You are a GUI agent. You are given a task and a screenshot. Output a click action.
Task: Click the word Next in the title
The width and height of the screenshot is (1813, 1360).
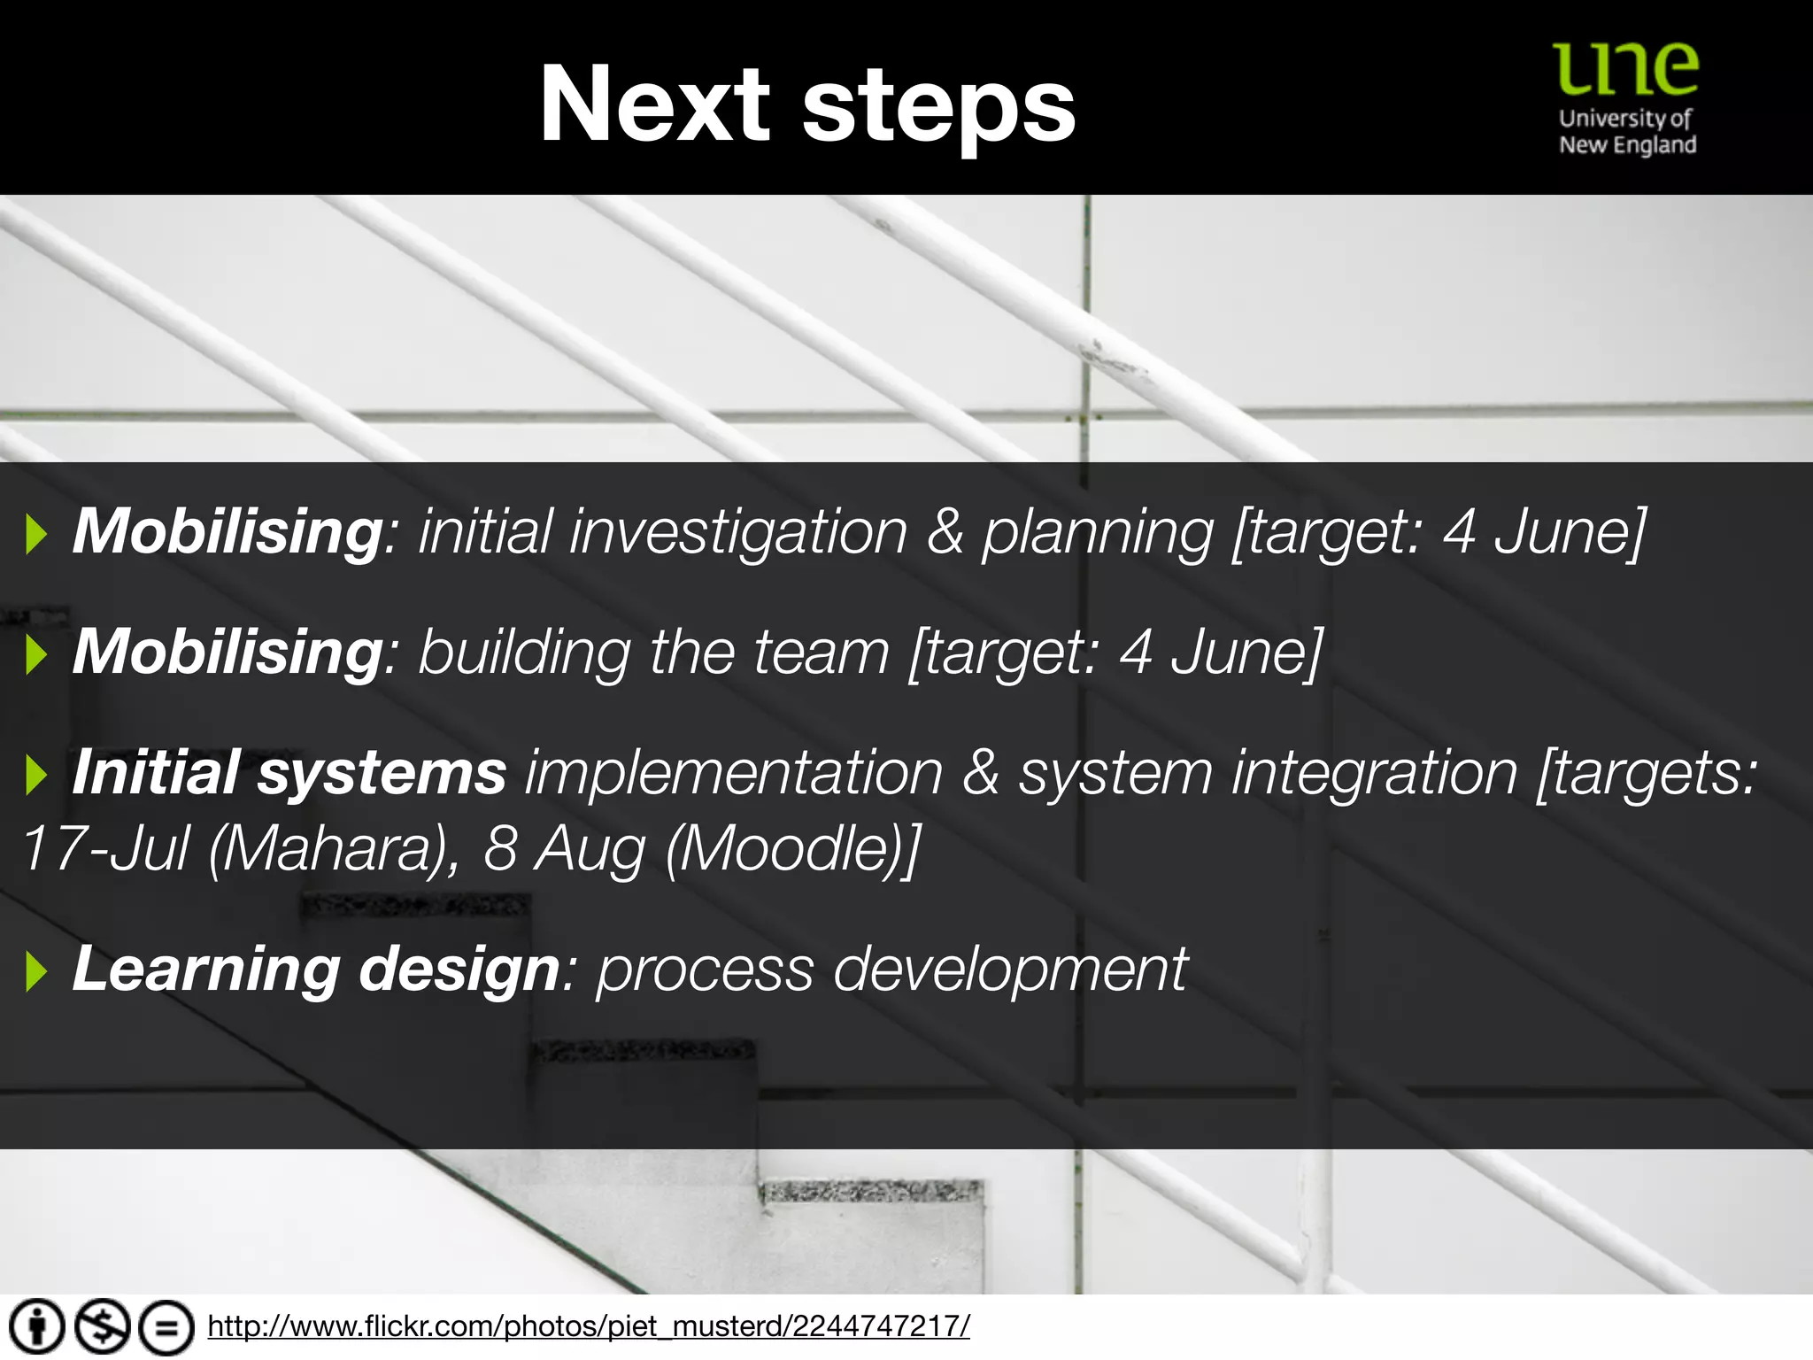click(x=654, y=104)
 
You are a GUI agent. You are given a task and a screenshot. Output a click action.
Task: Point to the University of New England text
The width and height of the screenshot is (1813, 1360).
click(x=1627, y=131)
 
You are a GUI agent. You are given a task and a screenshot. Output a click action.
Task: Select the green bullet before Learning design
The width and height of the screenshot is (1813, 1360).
click(x=36, y=971)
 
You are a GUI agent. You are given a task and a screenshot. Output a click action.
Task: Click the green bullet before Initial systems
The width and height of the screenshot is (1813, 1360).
click(x=36, y=775)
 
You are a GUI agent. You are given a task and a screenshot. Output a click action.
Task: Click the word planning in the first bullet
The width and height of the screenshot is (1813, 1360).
click(x=1098, y=532)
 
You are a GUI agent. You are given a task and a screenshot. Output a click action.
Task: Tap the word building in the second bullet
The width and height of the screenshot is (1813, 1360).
click(x=524, y=653)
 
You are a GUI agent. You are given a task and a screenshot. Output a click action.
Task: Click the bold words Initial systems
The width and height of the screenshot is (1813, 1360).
click(x=289, y=772)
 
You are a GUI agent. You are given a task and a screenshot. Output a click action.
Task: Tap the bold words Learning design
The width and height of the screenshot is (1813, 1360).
click(x=315, y=969)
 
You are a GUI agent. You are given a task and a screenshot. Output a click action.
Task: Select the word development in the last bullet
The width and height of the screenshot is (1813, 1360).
click(x=1009, y=969)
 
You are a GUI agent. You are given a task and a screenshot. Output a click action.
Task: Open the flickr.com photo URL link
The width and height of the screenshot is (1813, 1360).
click(x=589, y=1326)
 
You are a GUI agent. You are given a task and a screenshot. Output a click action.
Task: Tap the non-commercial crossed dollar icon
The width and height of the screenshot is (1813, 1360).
click(x=102, y=1326)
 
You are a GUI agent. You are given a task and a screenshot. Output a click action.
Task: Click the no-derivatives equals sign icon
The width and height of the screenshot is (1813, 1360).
click(x=166, y=1326)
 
